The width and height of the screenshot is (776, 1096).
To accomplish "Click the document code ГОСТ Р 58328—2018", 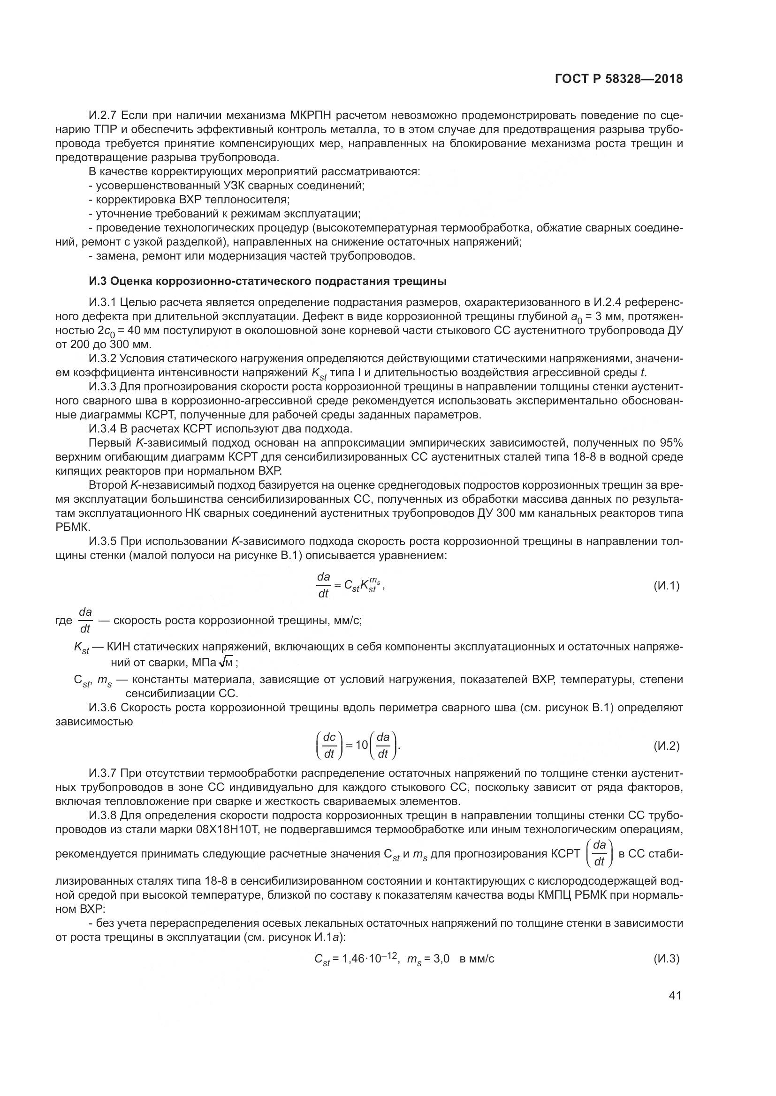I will click(x=619, y=79).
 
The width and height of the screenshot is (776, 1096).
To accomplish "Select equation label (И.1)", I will click(x=666, y=586).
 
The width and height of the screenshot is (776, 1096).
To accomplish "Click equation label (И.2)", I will click(x=666, y=746).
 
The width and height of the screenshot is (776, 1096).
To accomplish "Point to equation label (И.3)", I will click(x=666, y=959).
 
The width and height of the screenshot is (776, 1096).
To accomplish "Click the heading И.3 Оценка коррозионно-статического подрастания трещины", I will click(x=267, y=281).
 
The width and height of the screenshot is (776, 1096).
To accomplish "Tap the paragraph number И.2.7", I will click(x=103, y=116).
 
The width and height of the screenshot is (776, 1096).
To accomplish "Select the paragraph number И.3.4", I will click(x=103, y=429).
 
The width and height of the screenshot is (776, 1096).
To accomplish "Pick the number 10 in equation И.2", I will click(x=362, y=745).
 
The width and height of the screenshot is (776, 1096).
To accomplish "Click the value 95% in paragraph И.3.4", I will click(x=671, y=443).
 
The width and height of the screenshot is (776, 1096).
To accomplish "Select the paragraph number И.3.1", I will click(x=102, y=302).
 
